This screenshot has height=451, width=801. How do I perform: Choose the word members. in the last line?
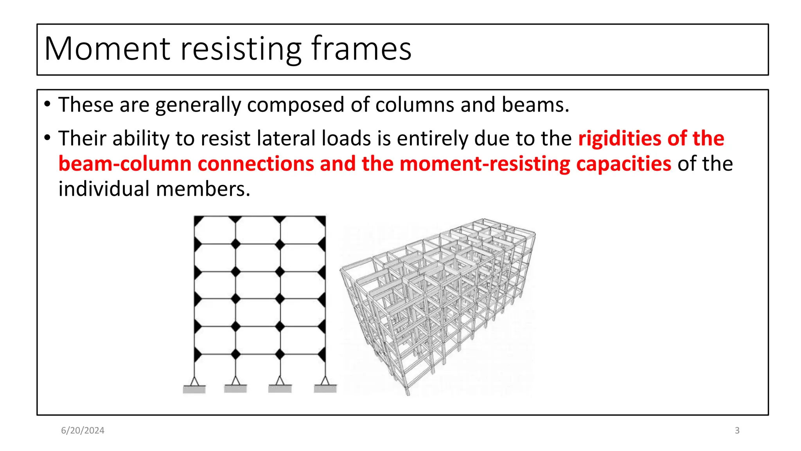pos(203,189)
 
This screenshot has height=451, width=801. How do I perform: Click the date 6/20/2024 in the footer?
pos(83,430)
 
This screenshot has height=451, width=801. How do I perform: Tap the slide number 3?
pos(737,430)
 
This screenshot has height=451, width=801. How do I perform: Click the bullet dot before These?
pos(47,105)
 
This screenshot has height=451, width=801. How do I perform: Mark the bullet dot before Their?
pos(47,138)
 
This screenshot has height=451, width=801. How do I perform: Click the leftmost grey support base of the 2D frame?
pos(194,389)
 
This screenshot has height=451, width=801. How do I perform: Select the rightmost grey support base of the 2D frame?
pos(325,389)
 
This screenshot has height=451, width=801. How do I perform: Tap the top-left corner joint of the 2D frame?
pos(198,219)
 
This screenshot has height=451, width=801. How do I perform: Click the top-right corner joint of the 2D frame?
pos(322,219)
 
